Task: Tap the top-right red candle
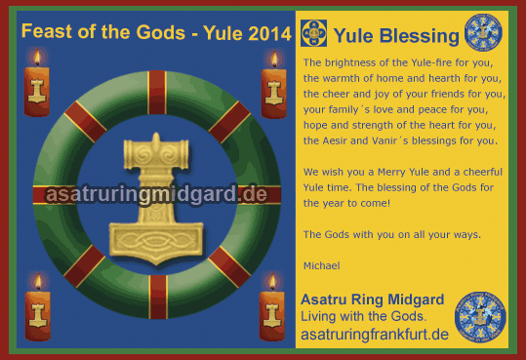point(274,90)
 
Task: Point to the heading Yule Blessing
point(395,37)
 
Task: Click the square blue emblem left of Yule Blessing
point(313,34)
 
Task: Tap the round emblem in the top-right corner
point(482,32)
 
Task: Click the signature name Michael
point(320,264)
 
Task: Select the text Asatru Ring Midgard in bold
point(372,300)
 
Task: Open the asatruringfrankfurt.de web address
point(375,335)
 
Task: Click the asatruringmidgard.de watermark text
point(156,194)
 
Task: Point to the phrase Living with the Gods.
point(363,317)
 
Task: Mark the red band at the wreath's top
point(156,92)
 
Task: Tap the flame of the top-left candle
point(38,58)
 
